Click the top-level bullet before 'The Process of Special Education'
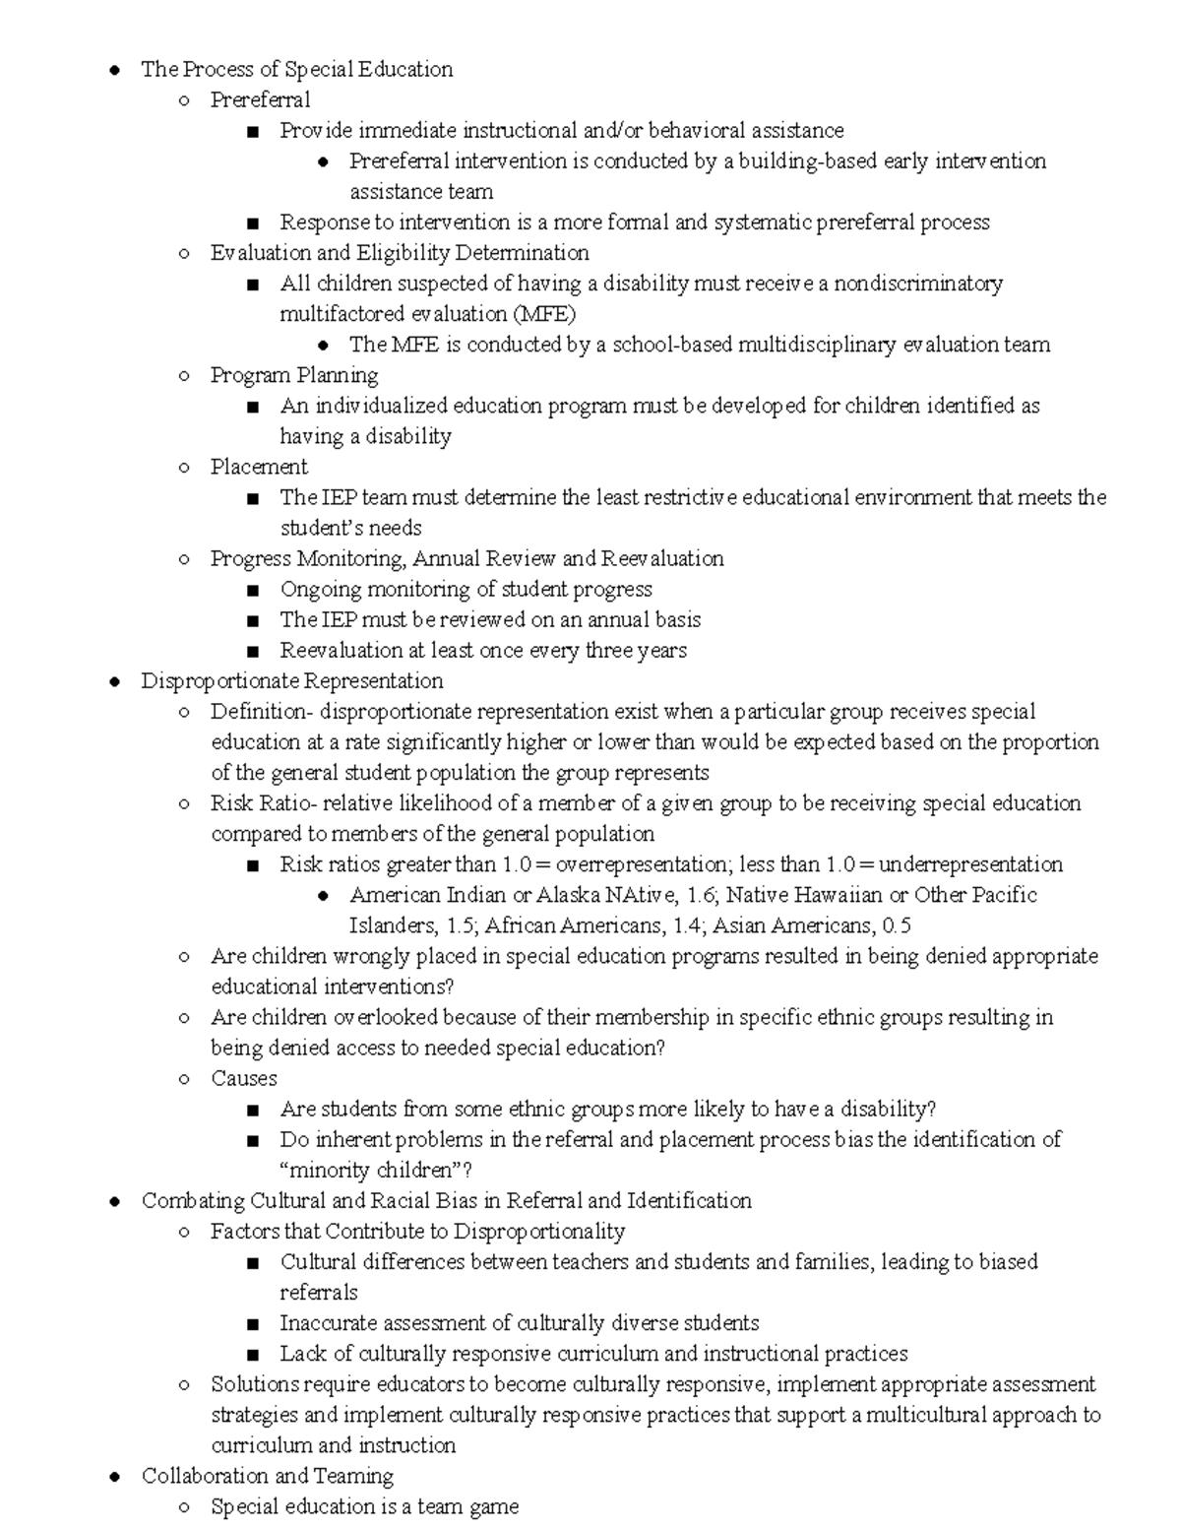115,70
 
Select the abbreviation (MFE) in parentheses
543,314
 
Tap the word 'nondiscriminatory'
917,284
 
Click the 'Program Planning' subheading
293,375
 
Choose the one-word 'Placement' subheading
259,467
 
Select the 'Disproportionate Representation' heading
291,681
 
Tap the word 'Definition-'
261,712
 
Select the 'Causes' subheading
243,1078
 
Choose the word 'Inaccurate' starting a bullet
328,1323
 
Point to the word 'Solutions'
255,1384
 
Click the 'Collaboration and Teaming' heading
267,1476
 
